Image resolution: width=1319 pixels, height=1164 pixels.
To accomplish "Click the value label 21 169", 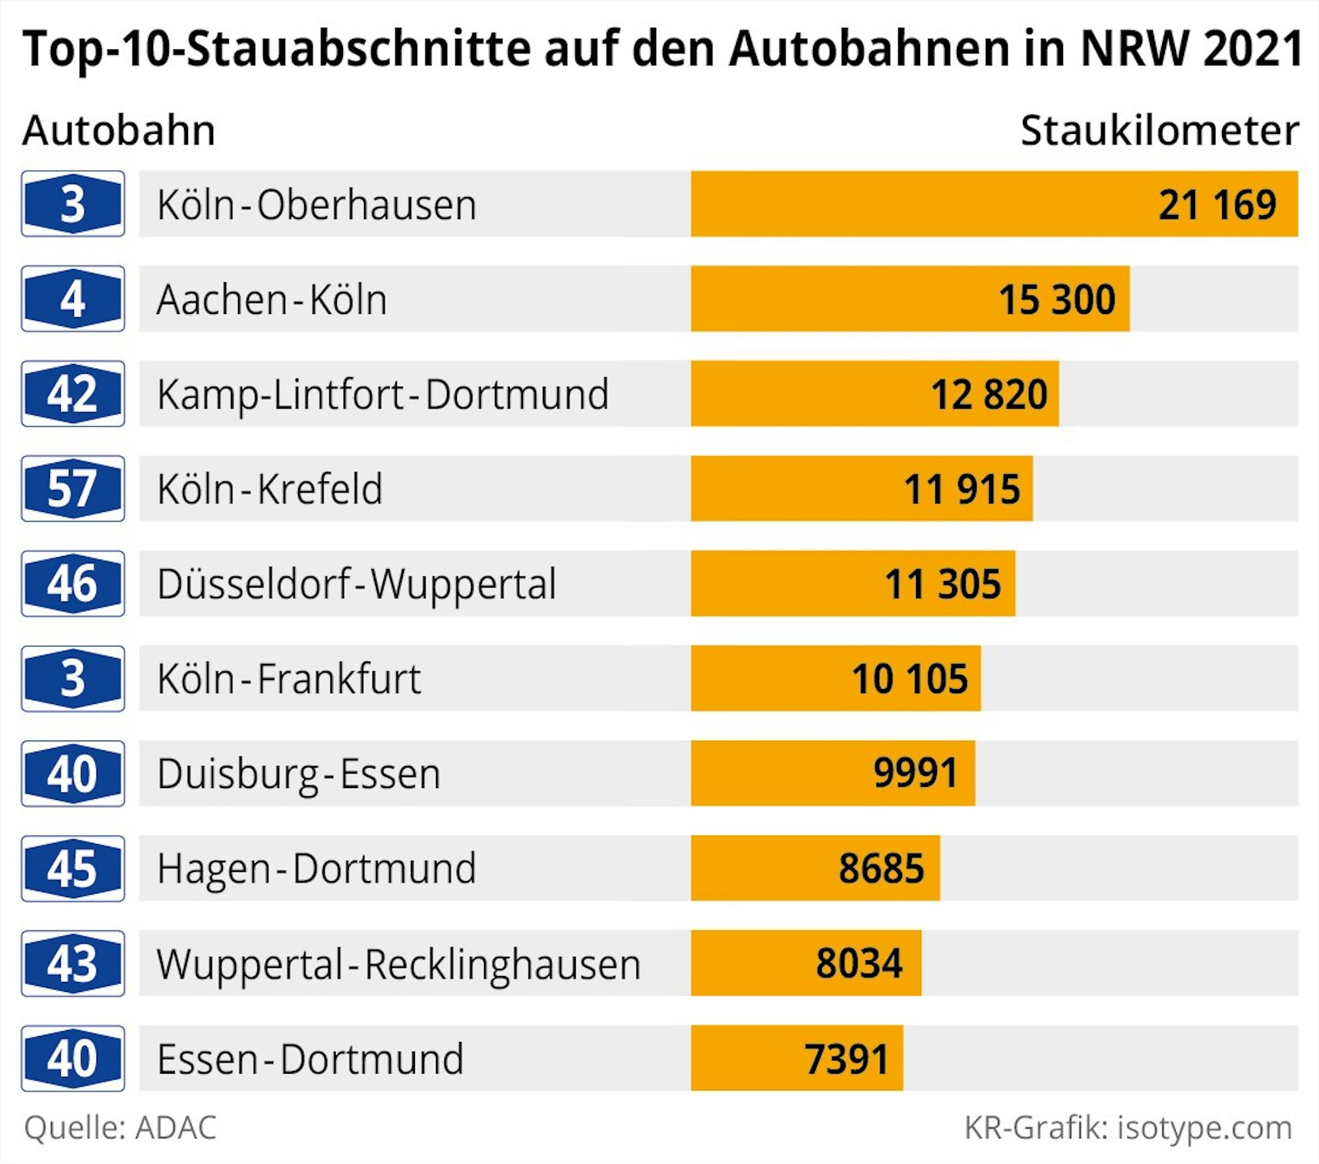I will coord(1217,204).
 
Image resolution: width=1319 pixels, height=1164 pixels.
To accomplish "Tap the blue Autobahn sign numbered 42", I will coord(73,394).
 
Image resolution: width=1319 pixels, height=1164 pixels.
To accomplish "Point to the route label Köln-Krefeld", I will coord(270,489).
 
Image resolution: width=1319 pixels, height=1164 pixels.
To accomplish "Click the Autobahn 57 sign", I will coord(73,489).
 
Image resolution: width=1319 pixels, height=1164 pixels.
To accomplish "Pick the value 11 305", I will coord(942,584).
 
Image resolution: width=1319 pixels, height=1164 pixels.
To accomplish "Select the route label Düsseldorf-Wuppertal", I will coord(357,584).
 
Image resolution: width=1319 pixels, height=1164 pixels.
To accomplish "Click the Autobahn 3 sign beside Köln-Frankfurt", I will coord(73,679).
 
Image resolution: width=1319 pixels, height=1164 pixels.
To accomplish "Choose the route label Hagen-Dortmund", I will coord(317,868).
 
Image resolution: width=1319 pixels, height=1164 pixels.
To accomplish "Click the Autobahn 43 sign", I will coord(73,963).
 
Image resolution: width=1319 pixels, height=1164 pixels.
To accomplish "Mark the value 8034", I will coord(859,963).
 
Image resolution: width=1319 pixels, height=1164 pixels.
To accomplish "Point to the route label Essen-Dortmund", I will coord(310,1058).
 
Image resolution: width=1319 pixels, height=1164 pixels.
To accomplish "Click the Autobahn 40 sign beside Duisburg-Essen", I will coord(73,773).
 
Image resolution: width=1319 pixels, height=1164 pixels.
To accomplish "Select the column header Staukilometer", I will coord(1159,130).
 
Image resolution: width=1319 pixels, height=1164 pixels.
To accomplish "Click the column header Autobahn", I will coord(119,130).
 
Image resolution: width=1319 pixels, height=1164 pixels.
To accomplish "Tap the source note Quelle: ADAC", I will coord(120,1127).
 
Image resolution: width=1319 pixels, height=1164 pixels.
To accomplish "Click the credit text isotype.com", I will coord(1204,1127).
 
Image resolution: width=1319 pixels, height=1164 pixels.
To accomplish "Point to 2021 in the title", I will coord(1252,49).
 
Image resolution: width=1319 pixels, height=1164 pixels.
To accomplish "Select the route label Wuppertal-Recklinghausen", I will coord(398,964).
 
